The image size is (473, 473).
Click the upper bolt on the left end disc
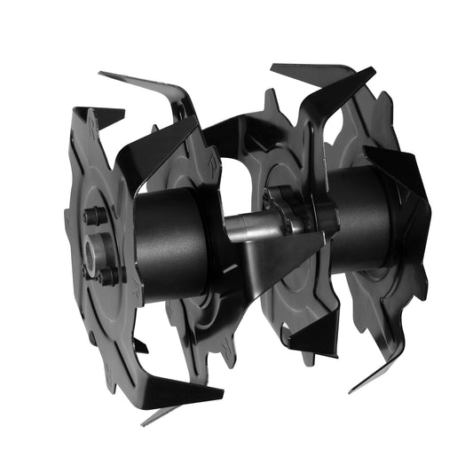tap(91, 216)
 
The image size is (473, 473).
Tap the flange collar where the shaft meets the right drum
tap(293, 213)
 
